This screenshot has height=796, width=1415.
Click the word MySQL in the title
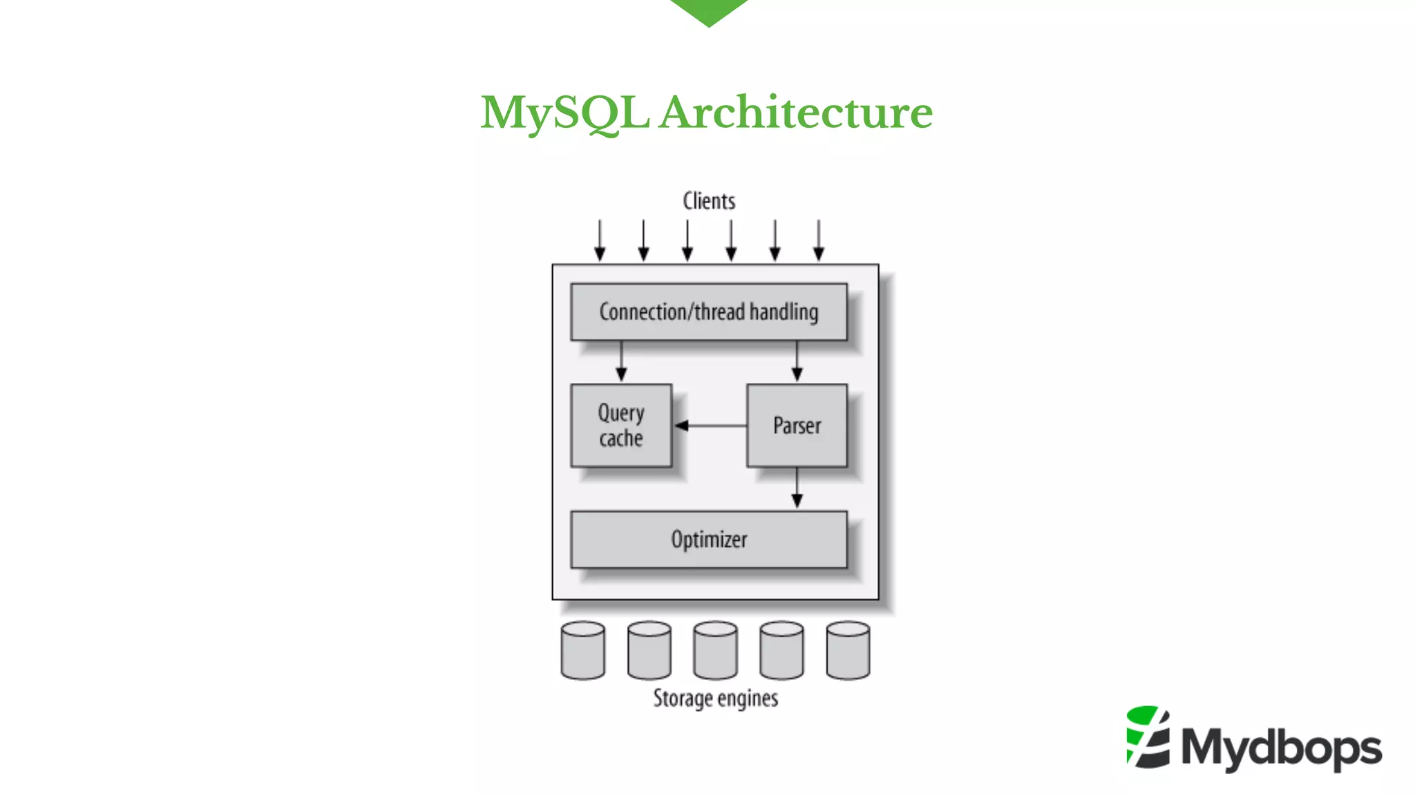564,113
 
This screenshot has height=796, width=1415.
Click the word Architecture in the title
795,113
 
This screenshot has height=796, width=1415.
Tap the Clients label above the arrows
709,201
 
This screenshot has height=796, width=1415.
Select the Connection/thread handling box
709,312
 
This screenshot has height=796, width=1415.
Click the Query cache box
621,426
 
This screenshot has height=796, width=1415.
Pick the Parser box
797,426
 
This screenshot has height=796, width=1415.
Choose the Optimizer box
709,540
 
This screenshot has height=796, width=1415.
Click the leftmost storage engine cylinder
583,650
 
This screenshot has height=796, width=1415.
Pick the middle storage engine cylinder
715,650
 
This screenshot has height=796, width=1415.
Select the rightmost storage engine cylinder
848,650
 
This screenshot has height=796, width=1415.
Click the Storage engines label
716,699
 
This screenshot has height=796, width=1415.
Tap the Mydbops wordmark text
1282,748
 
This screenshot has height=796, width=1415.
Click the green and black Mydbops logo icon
1148,737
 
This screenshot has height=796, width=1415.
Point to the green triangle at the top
709,10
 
